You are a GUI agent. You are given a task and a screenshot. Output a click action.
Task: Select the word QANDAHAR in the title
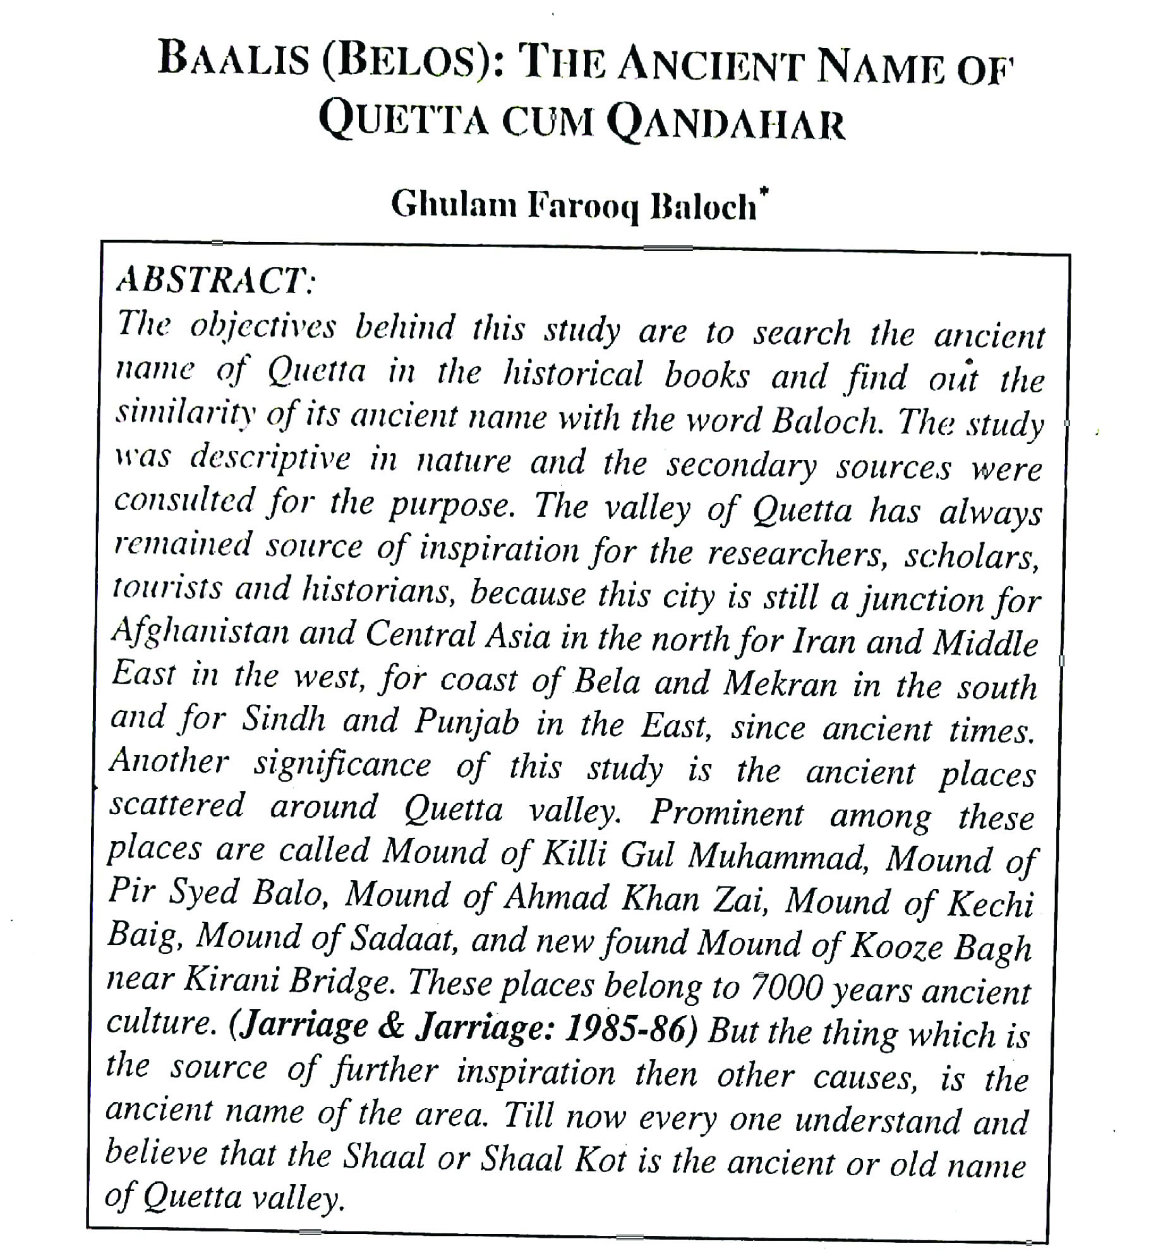coord(726,123)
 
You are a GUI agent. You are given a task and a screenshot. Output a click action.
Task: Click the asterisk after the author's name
coord(764,190)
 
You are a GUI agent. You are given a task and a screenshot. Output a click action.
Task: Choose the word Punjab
coord(466,722)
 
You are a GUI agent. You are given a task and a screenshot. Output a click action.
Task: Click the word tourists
coord(167,590)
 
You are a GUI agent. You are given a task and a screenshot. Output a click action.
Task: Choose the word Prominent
coord(727,813)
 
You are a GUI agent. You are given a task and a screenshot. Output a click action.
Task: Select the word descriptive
coord(270,458)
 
